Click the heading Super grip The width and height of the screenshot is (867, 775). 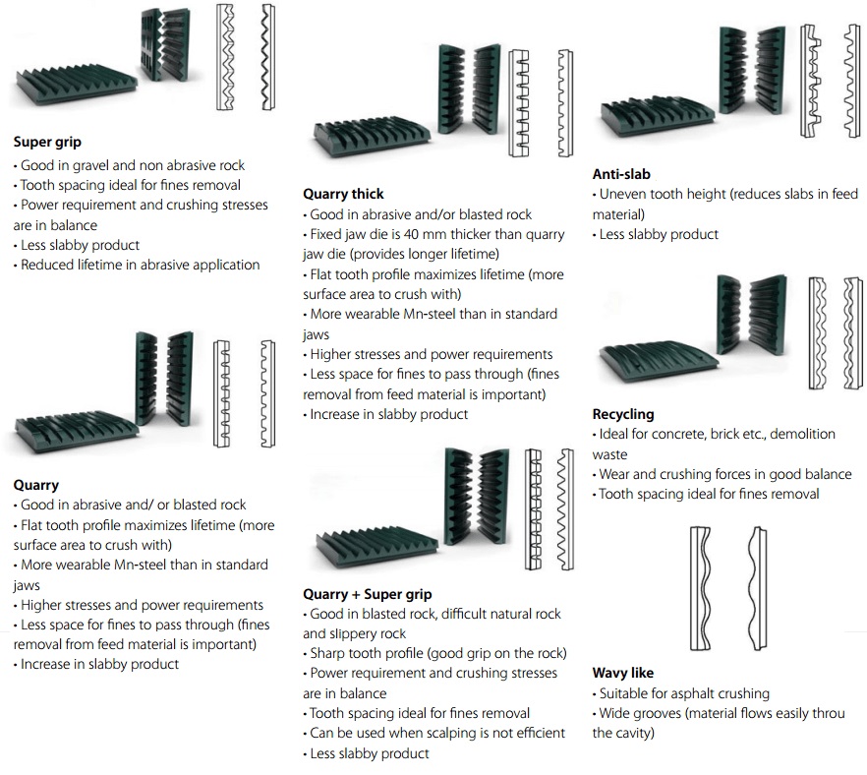pyautogui.click(x=47, y=142)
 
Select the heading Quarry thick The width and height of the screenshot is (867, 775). pyautogui.click(x=343, y=194)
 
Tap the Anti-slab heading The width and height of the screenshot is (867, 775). pyautogui.click(x=621, y=174)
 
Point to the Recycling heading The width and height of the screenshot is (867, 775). pyautogui.click(x=623, y=414)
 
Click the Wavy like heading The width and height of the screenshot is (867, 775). pyautogui.click(x=623, y=674)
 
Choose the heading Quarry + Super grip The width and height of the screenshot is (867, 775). pyautogui.click(x=367, y=594)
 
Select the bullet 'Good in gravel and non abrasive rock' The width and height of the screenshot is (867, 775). pyautogui.click(x=133, y=165)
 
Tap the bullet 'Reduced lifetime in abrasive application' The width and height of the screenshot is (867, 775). pyautogui.click(x=140, y=265)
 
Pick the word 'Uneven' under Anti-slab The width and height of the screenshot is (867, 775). pyautogui.click(x=622, y=194)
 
